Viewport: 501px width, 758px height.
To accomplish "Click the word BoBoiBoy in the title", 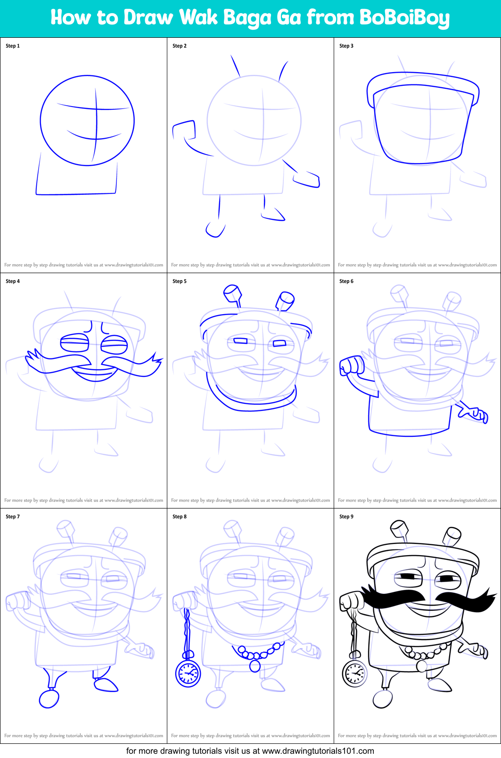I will click(x=404, y=18).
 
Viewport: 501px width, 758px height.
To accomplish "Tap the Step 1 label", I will click(x=13, y=46).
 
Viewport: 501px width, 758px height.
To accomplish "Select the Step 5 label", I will click(x=180, y=281).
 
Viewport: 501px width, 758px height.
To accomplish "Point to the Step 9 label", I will click(x=346, y=516).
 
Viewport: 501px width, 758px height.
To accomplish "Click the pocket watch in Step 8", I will click(x=188, y=673).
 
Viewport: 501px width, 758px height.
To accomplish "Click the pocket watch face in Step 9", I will click(x=354, y=673).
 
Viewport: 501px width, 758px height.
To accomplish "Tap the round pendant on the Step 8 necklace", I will click(x=255, y=666).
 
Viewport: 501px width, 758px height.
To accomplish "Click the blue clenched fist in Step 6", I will click(x=350, y=365).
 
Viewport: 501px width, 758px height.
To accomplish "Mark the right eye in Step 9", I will click(x=447, y=578).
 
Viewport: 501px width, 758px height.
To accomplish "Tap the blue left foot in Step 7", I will click(x=49, y=698).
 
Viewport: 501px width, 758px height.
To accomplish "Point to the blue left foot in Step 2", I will click(x=215, y=230).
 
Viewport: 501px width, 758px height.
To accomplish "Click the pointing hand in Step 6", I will click(x=474, y=413).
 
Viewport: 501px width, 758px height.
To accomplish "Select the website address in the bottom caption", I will click(x=318, y=751).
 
